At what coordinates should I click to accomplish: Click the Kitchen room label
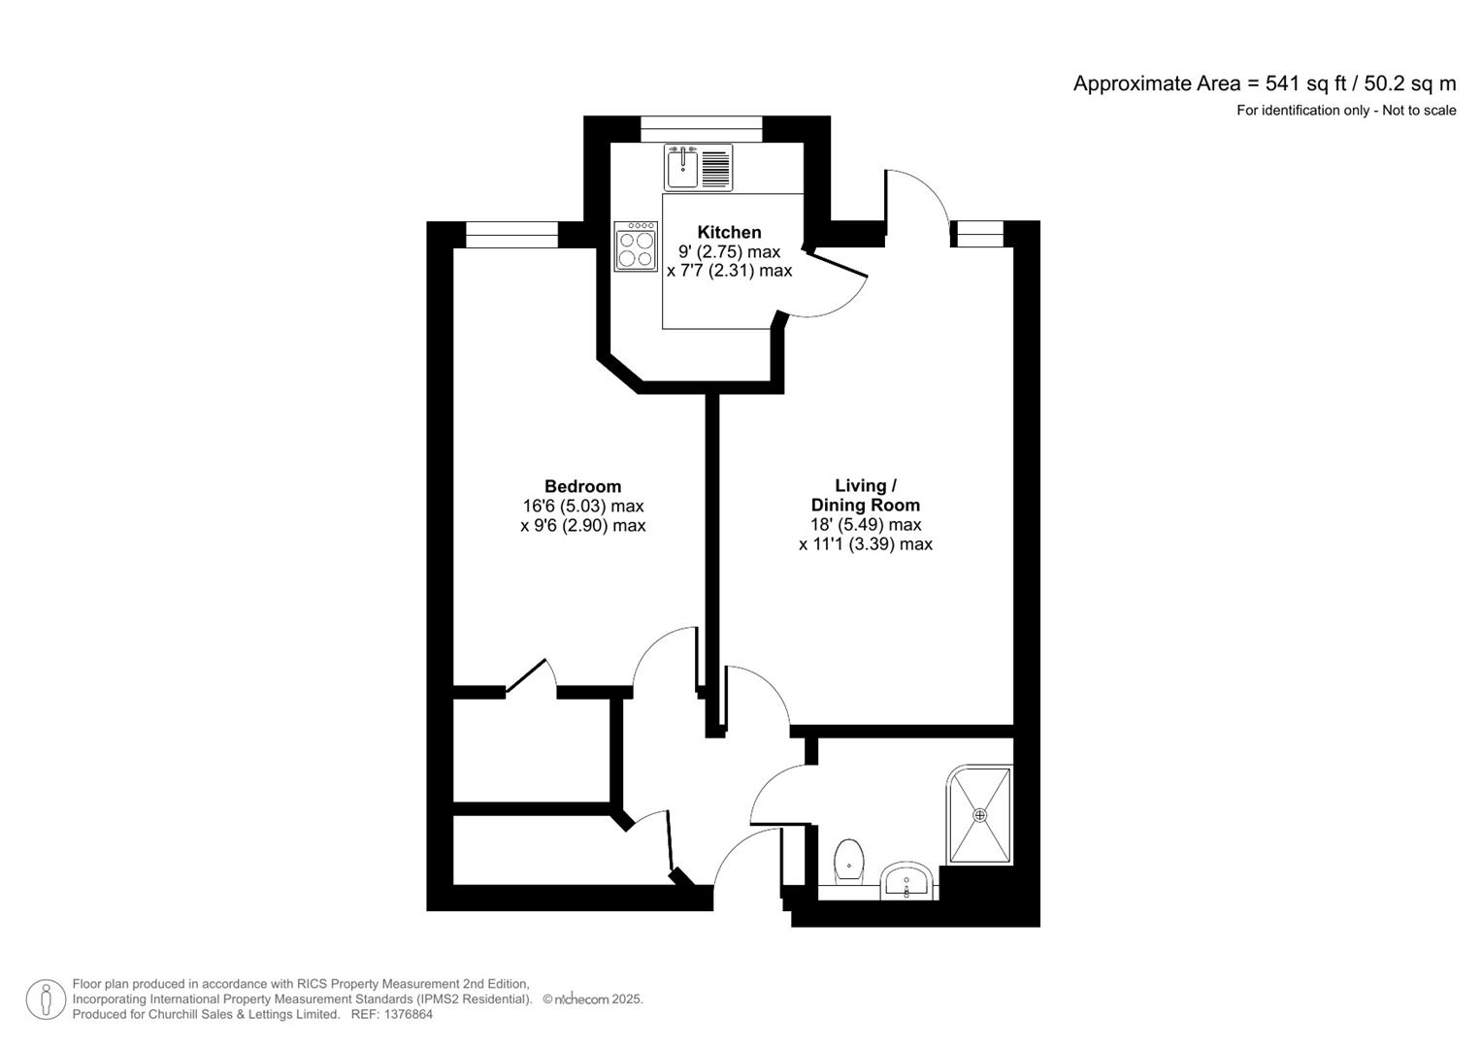(729, 232)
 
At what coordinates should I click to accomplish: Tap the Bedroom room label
(582, 486)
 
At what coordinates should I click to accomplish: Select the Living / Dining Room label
(865, 495)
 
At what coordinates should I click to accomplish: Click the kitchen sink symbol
(683, 167)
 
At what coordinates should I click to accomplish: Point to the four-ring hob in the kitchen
(637, 246)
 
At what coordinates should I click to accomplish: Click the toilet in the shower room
(849, 861)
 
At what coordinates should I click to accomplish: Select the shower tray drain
(980, 815)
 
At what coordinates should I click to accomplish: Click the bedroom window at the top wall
(511, 234)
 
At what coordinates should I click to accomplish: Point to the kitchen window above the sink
(701, 128)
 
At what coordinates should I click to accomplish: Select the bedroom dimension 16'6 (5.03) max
(582, 506)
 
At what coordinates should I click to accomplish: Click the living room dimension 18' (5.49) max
(865, 524)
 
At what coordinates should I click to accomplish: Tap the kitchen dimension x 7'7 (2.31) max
(729, 271)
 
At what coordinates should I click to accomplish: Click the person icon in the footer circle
(46, 999)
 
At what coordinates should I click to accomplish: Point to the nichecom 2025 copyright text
(593, 999)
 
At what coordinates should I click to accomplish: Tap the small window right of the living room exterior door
(977, 233)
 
